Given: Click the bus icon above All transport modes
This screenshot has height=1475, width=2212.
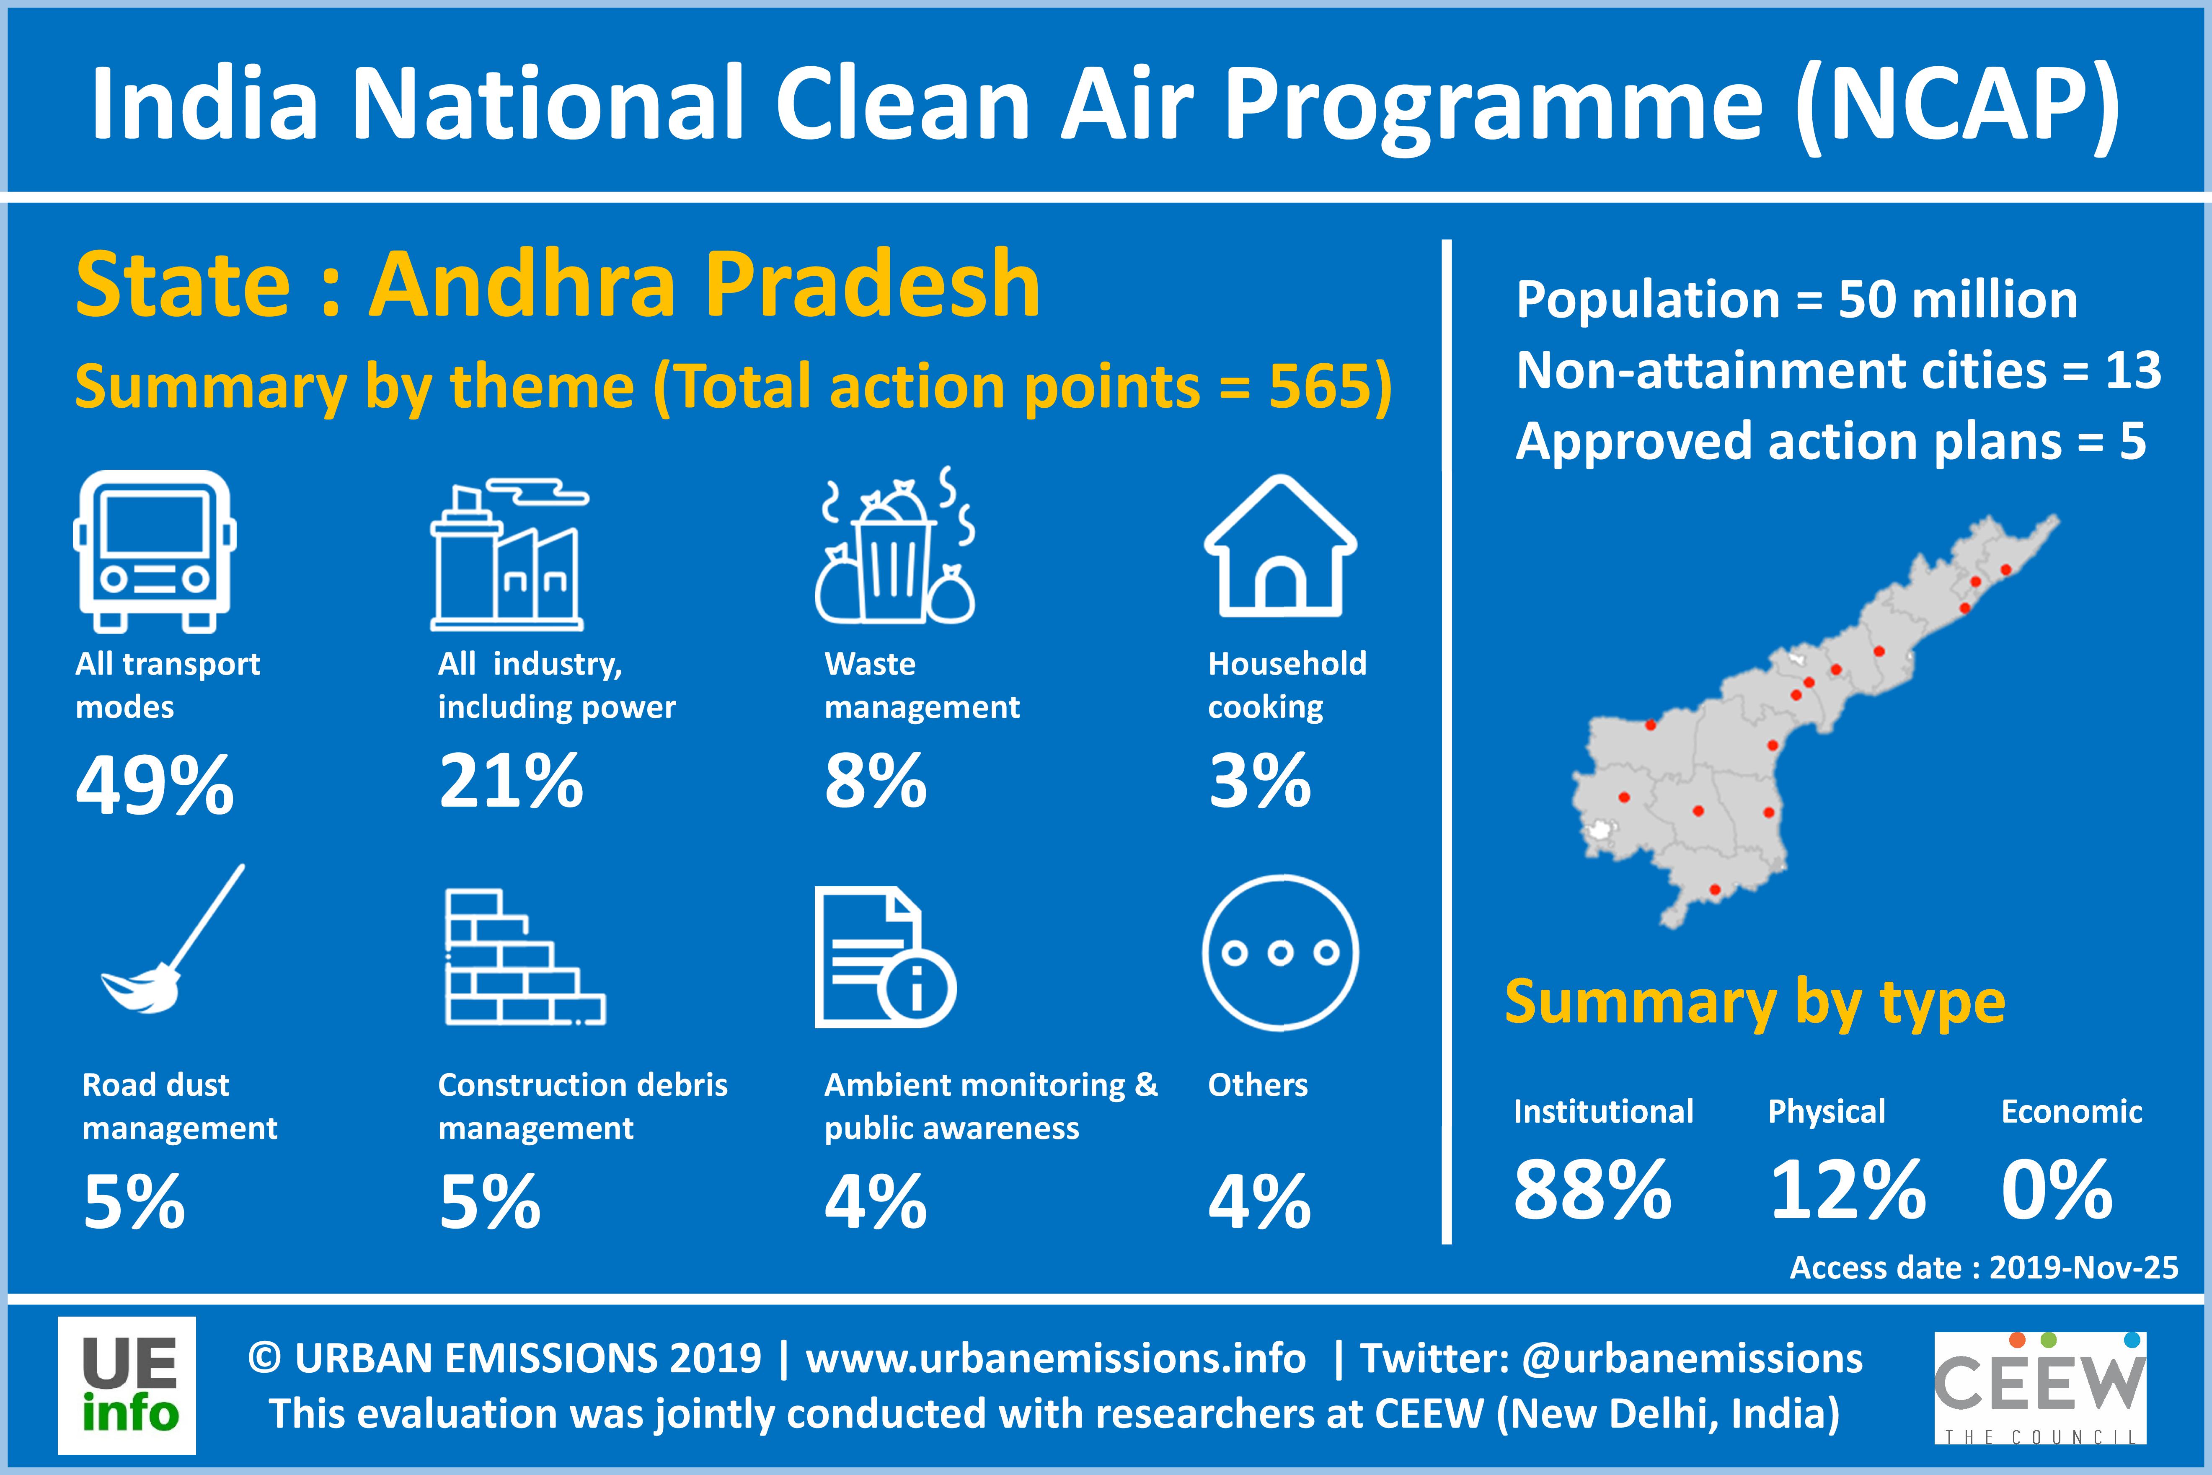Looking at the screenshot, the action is pyautogui.click(x=154, y=551).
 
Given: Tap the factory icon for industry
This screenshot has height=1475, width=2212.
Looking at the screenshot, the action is pyautogui.click(x=509, y=555).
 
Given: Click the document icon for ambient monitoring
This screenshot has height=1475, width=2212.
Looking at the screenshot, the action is pyautogui.click(x=884, y=957).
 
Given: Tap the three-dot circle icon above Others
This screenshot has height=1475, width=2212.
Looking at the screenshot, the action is pyautogui.click(x=1280, y=953).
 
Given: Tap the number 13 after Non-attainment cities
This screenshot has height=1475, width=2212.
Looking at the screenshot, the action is pyautogui.click(x=2133, y=370).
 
